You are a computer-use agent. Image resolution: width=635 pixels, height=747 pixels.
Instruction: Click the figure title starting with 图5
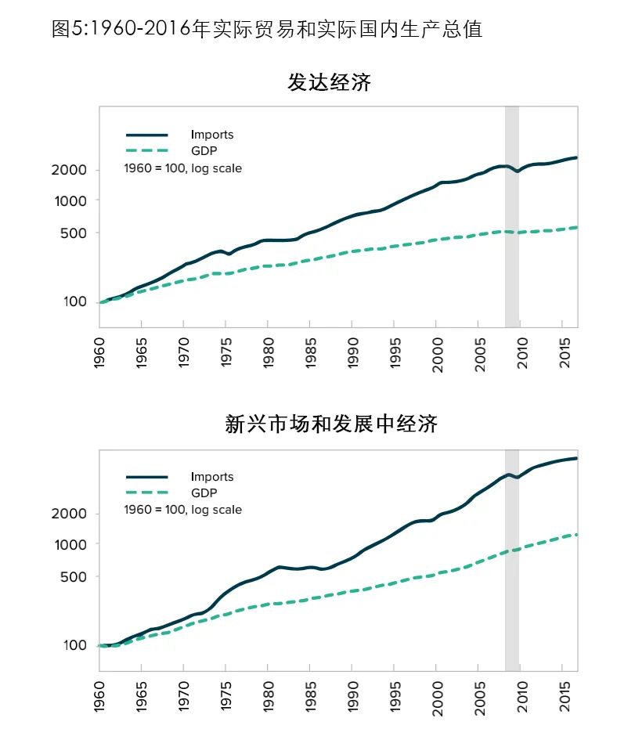pos(266,29)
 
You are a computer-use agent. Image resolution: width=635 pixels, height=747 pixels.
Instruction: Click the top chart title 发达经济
pos(329,82)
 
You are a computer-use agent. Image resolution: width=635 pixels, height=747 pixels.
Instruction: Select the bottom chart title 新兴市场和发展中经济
pos(330,424)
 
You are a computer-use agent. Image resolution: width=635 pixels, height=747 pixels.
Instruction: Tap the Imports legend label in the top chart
pos(212,135)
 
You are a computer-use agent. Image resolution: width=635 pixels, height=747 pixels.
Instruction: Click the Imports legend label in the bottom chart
pos(212,477)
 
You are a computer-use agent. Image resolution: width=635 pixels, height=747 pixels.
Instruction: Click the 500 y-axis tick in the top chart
pos(77,233)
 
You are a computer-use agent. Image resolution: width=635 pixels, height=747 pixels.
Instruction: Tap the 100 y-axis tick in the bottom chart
pos(77,645)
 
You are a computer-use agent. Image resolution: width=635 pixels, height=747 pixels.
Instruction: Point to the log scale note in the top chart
pos(183,168)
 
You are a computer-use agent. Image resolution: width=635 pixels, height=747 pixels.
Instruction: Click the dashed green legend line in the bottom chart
pos(147,493)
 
